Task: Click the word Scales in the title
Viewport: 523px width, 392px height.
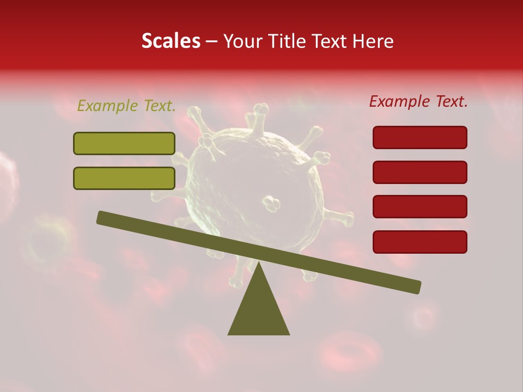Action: point(171,41)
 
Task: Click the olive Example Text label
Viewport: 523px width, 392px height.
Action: point(126,106)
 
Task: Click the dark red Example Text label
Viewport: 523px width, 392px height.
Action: point(418,101)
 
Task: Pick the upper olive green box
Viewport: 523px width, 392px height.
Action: point(124,144)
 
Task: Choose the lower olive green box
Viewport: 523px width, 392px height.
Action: point(124,178)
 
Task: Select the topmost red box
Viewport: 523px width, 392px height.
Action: point(419,137)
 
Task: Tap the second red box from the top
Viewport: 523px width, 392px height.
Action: point(419,172)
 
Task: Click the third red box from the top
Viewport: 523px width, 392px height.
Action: point(419,207)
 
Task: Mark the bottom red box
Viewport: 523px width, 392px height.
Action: point(419,242)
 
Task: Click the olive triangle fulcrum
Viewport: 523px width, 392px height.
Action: point(258,310)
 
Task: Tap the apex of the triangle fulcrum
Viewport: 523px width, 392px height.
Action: point(258,264)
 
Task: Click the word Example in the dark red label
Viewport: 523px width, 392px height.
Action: point(399,101)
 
